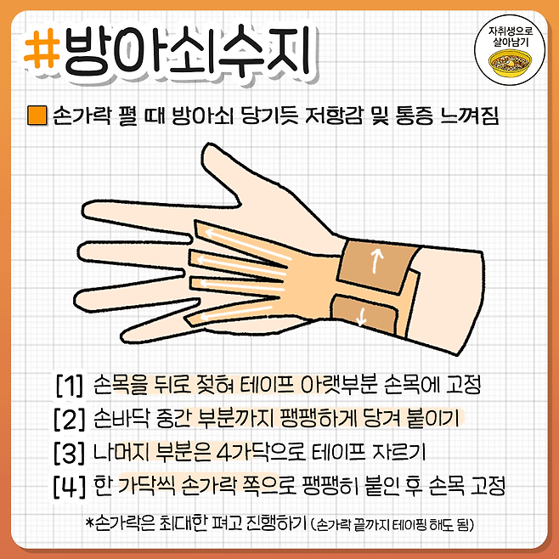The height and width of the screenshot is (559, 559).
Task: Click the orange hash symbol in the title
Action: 42,48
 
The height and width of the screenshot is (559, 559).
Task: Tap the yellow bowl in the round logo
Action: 511,63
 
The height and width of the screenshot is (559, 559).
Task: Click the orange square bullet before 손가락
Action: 37,115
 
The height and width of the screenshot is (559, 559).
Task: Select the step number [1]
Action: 70,385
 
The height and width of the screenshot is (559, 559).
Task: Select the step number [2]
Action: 70,419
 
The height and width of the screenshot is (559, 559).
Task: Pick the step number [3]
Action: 70,452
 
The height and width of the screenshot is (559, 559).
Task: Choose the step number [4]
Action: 70,486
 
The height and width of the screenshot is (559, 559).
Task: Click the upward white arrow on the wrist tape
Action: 376,261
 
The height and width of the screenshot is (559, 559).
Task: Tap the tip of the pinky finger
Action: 122,337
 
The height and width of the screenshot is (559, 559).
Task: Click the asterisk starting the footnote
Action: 90,522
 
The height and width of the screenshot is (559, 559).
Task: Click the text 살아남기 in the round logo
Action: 511,42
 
